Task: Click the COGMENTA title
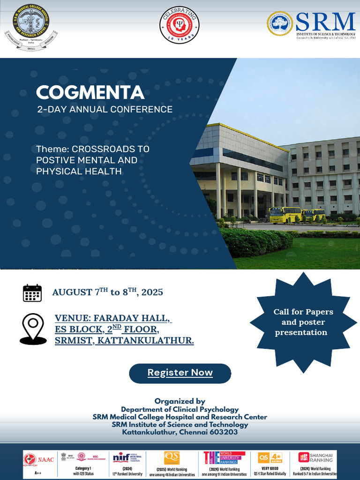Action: (90, 92)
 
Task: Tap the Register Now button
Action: (180, 373)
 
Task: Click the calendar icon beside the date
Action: (32, 292)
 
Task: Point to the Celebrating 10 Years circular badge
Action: (180, 25)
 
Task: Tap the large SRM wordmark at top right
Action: (325, 22)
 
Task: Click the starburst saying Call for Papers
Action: (303, 322)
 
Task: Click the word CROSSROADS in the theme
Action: (111, 149)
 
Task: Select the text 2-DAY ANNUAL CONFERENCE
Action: (105, 110)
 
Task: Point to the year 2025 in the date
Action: (152, 292)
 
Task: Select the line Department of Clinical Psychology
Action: (180, 409)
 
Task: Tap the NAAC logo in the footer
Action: (39, 459)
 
